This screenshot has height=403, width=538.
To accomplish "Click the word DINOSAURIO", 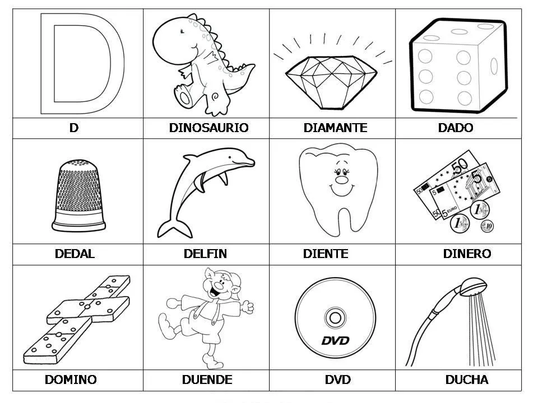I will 208,128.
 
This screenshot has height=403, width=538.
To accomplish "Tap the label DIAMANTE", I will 335,128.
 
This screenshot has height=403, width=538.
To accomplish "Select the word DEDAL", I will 75,254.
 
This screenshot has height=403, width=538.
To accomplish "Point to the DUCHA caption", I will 466,379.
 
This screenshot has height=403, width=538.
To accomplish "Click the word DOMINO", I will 71,379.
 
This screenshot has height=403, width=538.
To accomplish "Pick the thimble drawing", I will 78,193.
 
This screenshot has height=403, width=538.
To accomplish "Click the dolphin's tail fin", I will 168,228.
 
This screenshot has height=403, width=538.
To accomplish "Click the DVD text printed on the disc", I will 335,340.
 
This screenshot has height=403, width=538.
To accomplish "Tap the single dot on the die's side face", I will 494,66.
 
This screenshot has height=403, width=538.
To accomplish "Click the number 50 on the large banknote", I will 461,166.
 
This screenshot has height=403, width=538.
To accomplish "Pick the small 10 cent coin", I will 486,226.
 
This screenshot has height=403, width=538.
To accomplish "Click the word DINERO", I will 466,254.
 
